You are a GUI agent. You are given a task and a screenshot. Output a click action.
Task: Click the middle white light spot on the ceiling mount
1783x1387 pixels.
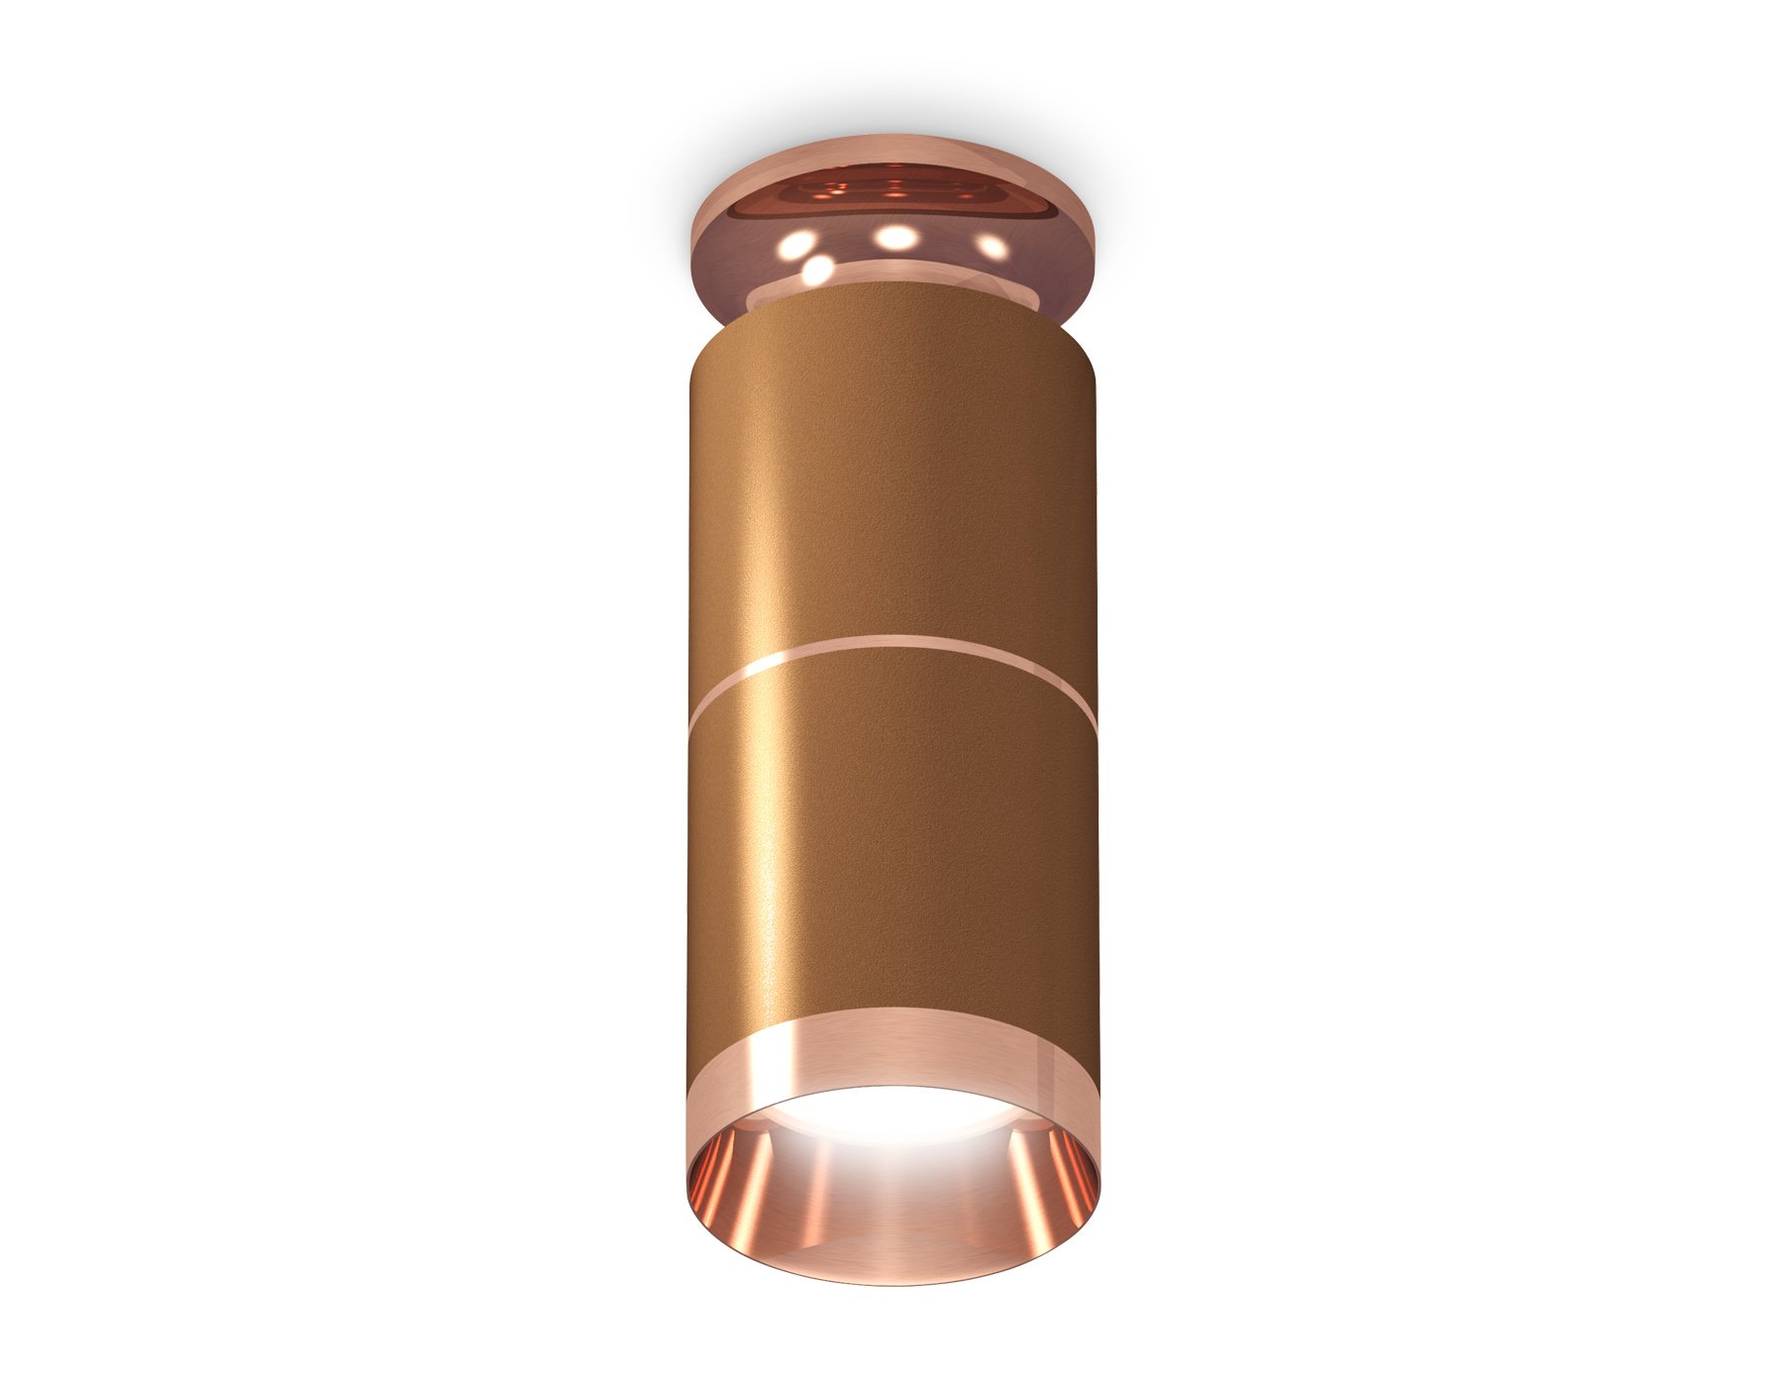click(x=894, y=237)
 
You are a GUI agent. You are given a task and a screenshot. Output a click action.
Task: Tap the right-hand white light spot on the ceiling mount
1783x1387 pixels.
click(x=990, y=244)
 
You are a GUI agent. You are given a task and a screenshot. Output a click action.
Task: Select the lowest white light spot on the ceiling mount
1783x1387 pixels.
click(x=818, y=268)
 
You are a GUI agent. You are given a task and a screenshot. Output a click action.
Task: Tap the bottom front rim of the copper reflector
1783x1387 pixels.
click(x=891, y=1279)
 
